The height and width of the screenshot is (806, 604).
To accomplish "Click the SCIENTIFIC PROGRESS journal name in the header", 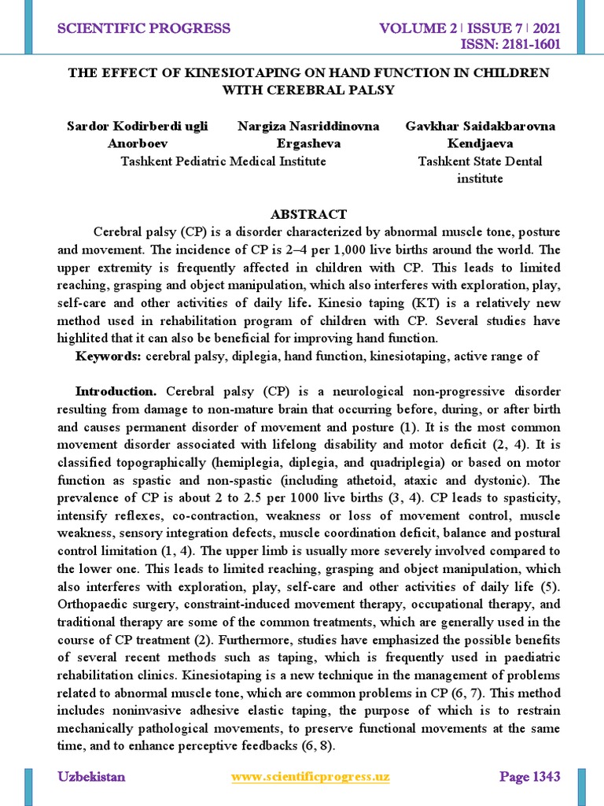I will pyautogui.click(x=144, y=29).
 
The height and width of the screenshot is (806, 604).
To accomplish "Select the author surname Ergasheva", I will pyautogui.click(x=308, y=144).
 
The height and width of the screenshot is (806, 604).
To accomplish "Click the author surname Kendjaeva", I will pyautogui.click(x=480, y=144).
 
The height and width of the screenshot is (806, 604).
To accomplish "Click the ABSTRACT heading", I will pyautogui.click(x=308, y=214).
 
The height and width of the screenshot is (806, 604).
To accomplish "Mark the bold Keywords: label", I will pyautogui.click(x=109, y=357).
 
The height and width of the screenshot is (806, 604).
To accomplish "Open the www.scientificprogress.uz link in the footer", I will pyautogui.click(x=311, y=777).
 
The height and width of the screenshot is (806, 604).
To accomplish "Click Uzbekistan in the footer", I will pyautogui.click(x=91, y=777).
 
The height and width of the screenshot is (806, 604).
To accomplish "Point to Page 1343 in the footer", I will pyautogui.click(x=530, y=777).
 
